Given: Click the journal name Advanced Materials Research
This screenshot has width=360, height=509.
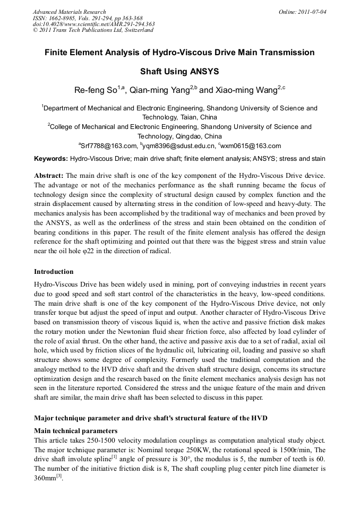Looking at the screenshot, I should point(69,12).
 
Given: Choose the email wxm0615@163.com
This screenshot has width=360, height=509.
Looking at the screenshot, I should point(251,146).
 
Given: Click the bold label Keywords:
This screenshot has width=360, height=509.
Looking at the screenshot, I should point(50,159).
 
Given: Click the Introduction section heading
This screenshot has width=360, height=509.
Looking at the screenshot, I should point(54,272).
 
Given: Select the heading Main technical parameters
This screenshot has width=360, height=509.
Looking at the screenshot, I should point(75,430).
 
